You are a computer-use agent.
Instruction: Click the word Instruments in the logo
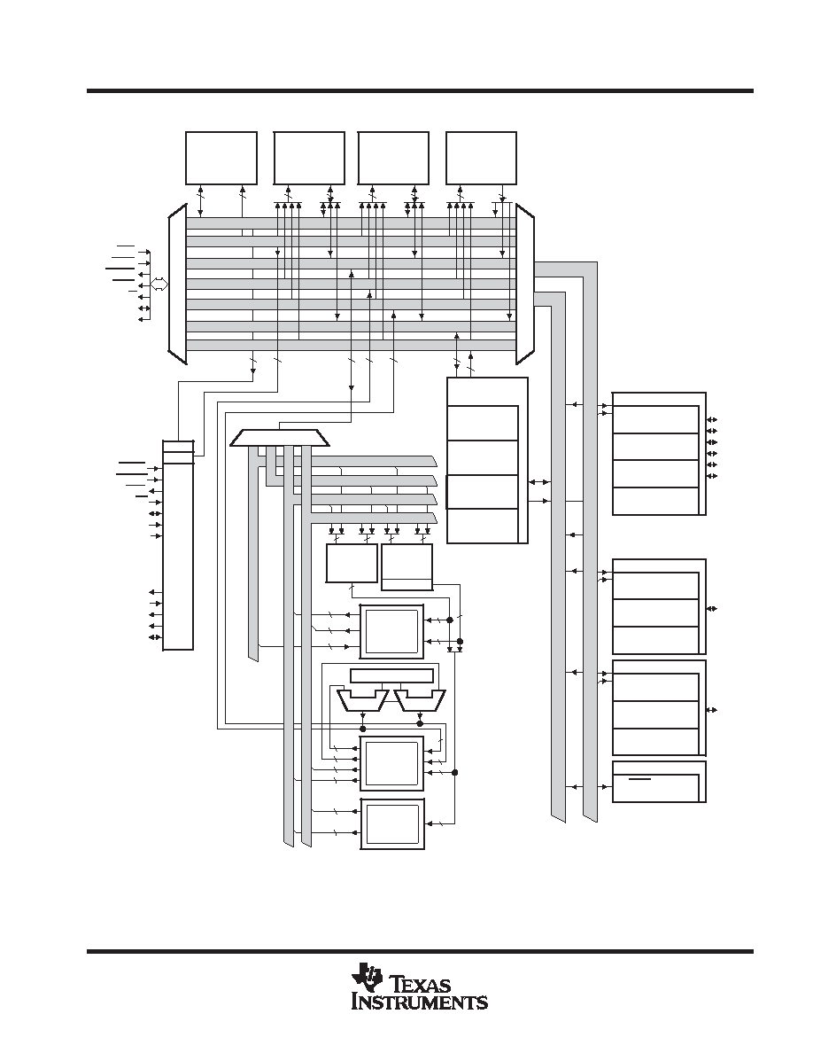coord(420,1002)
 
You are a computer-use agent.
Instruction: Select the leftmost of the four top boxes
coord(221,158)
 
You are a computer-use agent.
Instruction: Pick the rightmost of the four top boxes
coord(482,158)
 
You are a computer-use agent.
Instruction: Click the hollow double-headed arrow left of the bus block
coord(159,284)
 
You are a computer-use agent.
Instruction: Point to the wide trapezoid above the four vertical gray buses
coord(280,438)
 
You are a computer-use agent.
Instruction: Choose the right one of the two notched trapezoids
coord(419,699)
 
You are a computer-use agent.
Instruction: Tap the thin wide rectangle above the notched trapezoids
coord(393,675)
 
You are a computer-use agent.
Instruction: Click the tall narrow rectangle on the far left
coord(178,544)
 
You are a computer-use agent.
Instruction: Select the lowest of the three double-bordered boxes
coord(393,823)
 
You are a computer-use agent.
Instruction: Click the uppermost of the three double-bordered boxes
coord(392,631)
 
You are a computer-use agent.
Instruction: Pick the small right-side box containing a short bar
coord(660,782)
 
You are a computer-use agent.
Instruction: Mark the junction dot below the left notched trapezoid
coord(363,729)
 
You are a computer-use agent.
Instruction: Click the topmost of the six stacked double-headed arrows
coord(712,420)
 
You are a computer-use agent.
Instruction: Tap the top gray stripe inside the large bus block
coord(351,222)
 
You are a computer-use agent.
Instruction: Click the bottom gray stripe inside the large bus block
coord(351,345)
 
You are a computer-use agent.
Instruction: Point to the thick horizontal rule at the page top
coord(420,90)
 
